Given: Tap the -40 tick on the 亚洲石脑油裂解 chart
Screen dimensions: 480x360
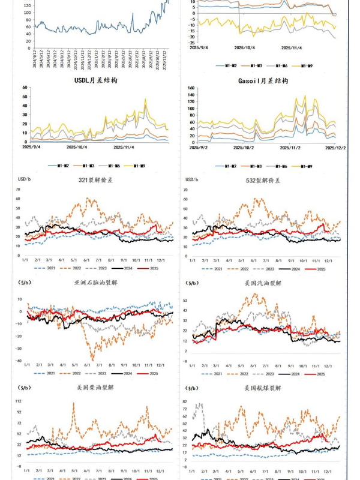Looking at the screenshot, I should coord(19,361).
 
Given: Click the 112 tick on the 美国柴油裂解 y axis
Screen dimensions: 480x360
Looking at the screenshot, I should coord(19,401).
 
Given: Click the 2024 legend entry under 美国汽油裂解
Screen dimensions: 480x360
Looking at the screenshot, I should coord(294,373).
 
